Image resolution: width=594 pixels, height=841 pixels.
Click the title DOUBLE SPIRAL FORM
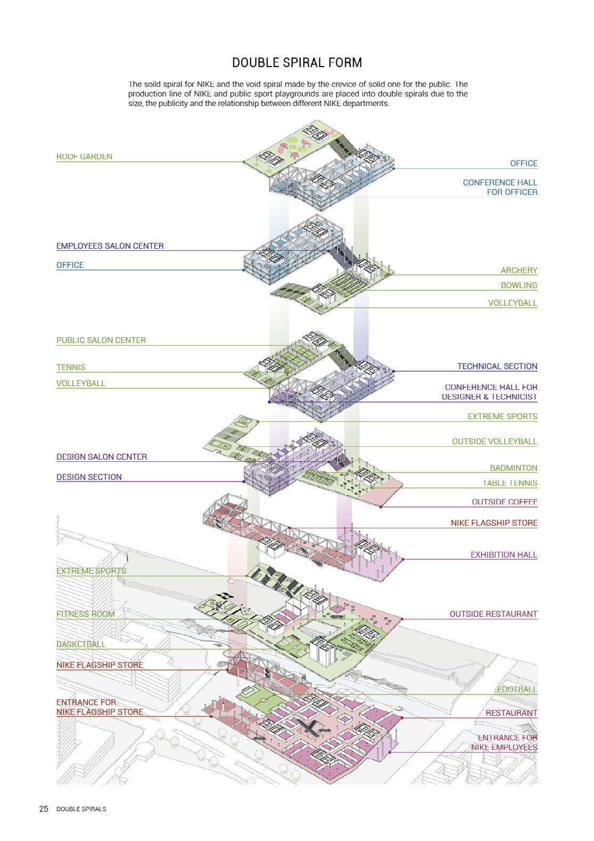(297, 63)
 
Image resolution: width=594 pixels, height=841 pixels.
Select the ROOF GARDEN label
(84, 157)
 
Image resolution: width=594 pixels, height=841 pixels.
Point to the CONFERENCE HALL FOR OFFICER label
(500, 187)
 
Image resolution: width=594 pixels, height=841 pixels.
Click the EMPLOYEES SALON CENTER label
(110, 246)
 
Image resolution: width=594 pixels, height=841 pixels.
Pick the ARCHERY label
(518, 271)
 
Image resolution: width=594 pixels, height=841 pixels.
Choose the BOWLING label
(518, 285)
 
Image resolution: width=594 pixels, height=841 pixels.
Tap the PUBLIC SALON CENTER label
(101, 340)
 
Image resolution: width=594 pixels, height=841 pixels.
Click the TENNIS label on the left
(71, 368)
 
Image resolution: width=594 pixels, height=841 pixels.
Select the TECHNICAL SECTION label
(497, 366)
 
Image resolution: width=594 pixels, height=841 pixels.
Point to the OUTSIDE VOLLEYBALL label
(494, 442)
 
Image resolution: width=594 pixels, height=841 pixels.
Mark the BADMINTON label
(513, 468)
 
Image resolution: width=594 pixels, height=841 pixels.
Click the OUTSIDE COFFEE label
(504, 502)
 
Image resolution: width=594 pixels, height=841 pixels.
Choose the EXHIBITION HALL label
(504, 555)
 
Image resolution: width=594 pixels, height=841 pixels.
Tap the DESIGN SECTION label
(89, 477)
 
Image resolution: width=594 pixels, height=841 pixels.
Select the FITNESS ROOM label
(85, 614)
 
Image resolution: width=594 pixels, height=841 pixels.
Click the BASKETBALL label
(81, 644)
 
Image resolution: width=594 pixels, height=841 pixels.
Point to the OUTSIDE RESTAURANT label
(493, 614)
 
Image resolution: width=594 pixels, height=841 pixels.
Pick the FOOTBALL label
(516, 690)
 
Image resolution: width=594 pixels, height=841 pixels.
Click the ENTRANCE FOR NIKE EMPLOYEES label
(504, 742)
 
